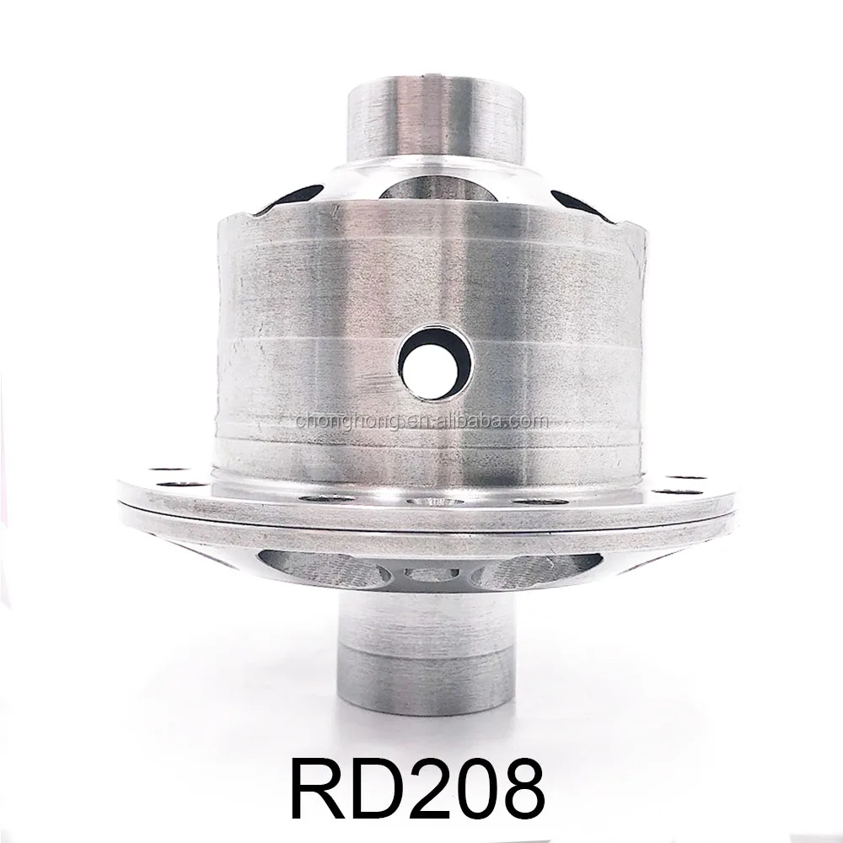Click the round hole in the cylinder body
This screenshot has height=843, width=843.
435,363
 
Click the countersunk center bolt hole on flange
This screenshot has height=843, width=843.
431,501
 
